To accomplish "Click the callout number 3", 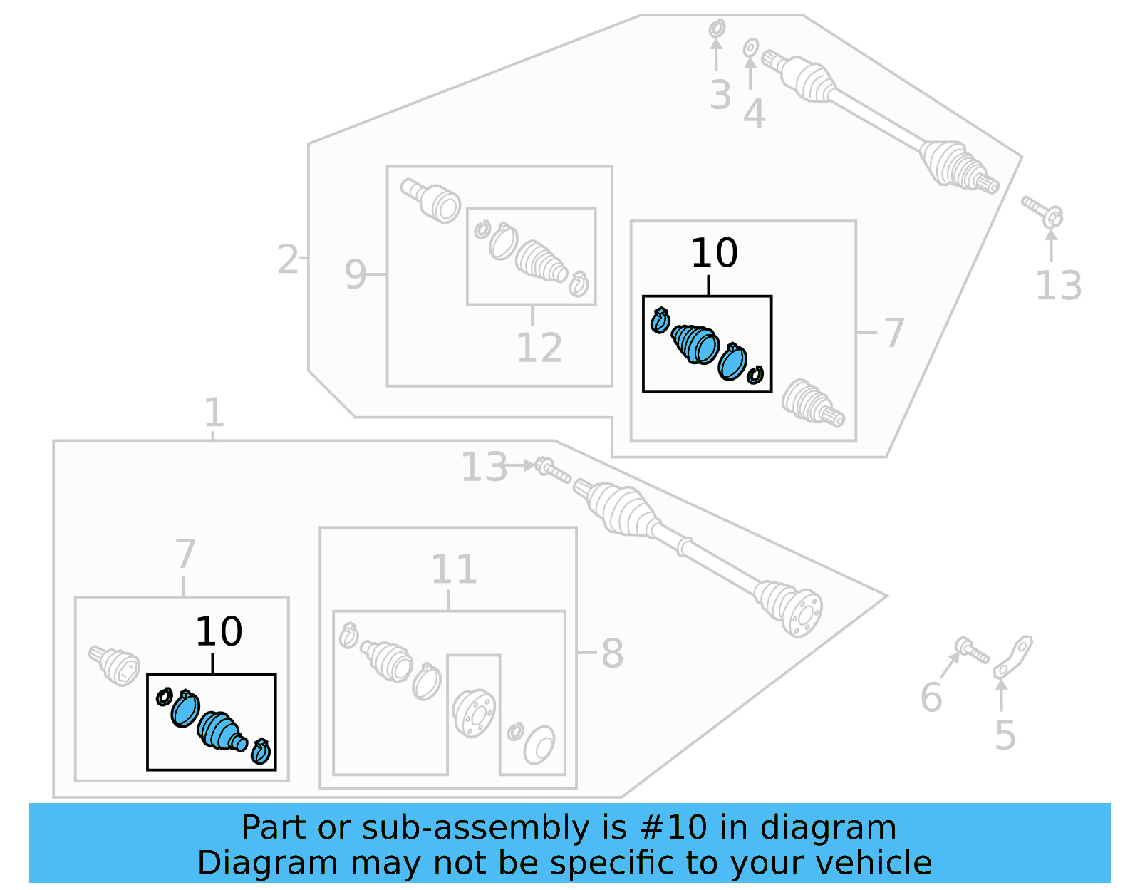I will pyautogui.click(x=720, y=95).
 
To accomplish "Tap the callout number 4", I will pyautogui.click(x=754, y=114).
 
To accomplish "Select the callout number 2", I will pyautogui.click(x=288, y=259).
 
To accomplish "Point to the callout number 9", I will pyautogui.click(x=355, y=274).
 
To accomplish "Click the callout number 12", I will pyautogui.click(x=539, y=348).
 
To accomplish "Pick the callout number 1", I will pyautogui.click(x=214, y=413).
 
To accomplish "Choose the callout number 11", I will pyautogui.click(x=454, y=569).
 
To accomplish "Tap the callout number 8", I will pyautogui.click(x=612, y=653).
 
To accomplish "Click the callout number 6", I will pyautogui.click(x=931, y=697).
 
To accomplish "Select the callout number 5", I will pyautogui.click(x=1005, y=735).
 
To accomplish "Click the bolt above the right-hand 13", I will pyautogui.click(x=1043, y=212).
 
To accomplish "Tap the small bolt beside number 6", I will pyautogui.click(x=972, y=650).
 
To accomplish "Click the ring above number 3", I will pyautogui.click(x=717, y=29).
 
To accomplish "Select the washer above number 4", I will pyautogui.click(x=750, y=48).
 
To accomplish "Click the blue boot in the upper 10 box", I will pyautogui.click(x=695, y=343).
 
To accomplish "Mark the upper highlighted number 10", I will pyautogui.click(x=714, y=253).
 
